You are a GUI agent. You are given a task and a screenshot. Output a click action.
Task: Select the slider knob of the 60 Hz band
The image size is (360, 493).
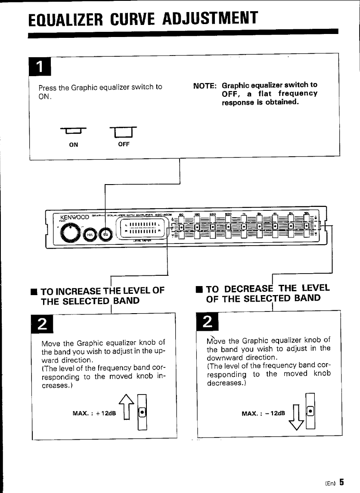click(x=181, y=226)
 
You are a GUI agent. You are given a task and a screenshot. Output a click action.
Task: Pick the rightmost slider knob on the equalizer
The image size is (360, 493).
click(x=307, y=225)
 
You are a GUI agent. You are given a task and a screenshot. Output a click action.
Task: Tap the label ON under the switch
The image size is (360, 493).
click(x=74, y=145)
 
